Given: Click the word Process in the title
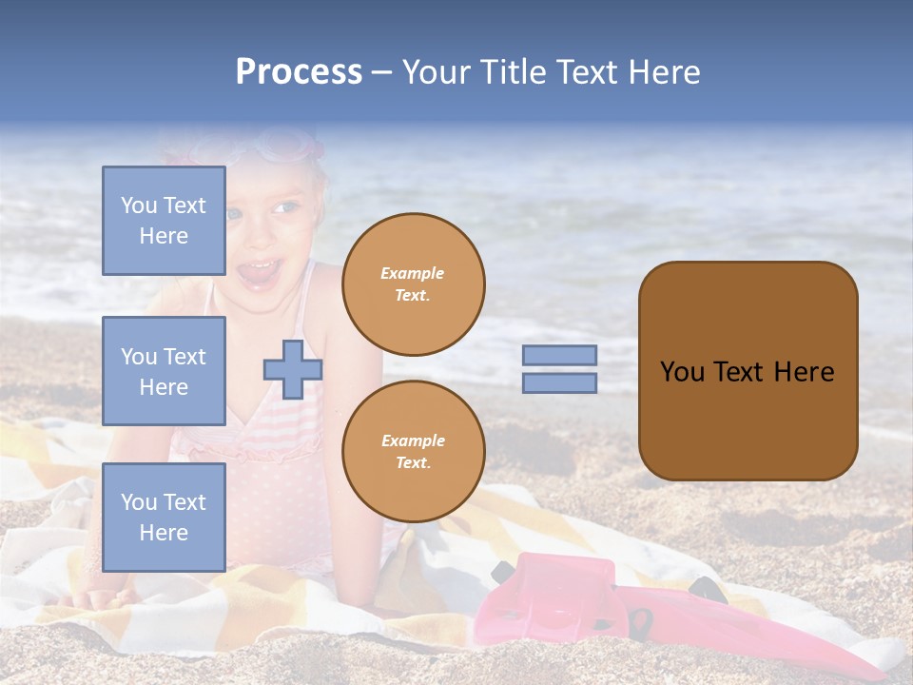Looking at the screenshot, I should [x=299, y=72].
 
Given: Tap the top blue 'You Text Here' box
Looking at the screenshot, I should [x=164, y=221].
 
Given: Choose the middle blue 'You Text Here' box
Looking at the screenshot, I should [x=164, y=371].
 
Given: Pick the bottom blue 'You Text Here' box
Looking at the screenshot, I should [x=164, y=518].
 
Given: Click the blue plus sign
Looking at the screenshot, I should [x=293, y=369].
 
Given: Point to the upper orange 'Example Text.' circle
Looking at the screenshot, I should [x=414, y=284].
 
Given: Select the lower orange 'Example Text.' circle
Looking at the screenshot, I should [x=414, y=452].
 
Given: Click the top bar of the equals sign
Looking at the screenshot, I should [x=560, y=356].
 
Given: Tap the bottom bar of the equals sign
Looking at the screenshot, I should [x=560, y=383].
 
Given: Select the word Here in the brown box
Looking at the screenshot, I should [x=804, y=372].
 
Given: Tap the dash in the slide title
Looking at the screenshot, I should [x=382, y=72].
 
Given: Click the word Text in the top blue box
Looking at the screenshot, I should [x=185, y=205].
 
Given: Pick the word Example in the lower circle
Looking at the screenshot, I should [x=413, y=440].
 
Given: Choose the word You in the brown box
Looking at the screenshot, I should [x=682, y=372].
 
